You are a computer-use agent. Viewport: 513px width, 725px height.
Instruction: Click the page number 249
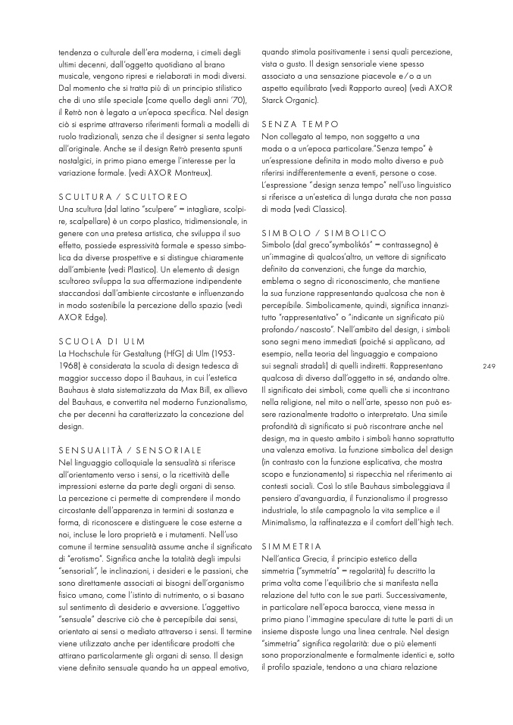point(488,366)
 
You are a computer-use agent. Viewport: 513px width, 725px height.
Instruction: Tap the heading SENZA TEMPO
point(299,123)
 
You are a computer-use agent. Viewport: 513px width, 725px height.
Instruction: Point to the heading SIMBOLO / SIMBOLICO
point(324,232)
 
